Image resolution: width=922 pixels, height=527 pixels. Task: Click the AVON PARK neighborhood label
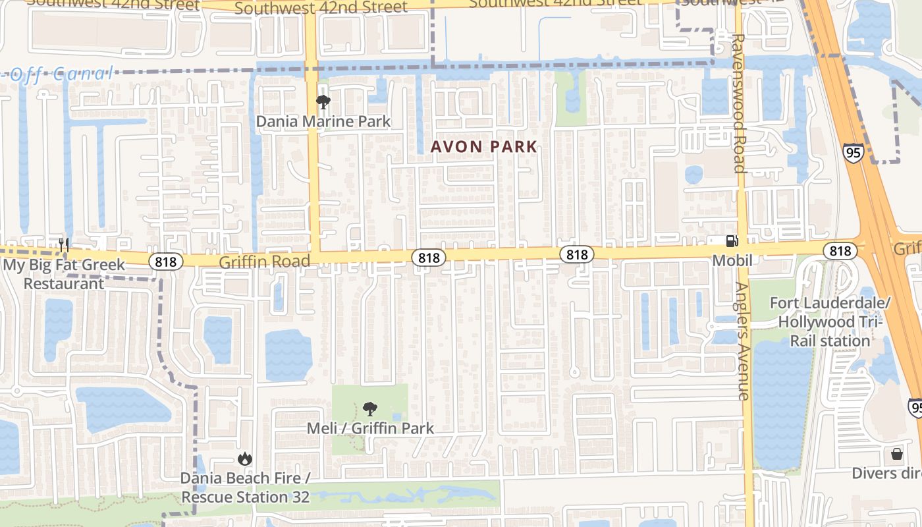click(x=484, y=147)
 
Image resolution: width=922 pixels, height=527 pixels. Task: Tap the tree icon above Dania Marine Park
click(x=323, y=102)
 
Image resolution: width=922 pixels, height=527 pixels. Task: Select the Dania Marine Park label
click(x=323, y=122)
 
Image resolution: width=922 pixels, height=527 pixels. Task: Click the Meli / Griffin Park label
click(x=370, y=428)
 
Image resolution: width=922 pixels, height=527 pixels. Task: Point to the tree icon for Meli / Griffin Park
click(x=370, y=409)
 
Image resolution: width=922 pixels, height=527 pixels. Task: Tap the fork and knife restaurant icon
click(x=64, y=245)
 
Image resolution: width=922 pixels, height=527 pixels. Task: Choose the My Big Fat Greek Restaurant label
click(x=64, y=274)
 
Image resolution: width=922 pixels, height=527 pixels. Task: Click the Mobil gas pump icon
click(x=732, y=242)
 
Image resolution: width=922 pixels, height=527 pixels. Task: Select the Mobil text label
click(x=732, y=261)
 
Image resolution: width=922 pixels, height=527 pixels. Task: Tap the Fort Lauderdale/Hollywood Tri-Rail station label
click(x=830, y=322)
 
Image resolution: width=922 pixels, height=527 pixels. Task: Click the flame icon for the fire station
click(x=244, y=458)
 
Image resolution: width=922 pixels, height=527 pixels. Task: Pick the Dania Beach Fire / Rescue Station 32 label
click(x=245, y=487)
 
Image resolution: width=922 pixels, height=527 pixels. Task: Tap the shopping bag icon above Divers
click(x=896, y=453)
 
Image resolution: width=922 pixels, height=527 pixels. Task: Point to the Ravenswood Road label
click(x=738, y=103)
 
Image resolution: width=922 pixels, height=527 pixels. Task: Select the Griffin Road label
click(x=264, y=262)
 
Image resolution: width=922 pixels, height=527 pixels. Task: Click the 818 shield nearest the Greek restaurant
click(x=165, y=262)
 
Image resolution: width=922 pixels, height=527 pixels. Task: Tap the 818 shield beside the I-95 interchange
click(x=840, y=251)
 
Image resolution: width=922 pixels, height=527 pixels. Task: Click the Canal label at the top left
click(x=82, y=74)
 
